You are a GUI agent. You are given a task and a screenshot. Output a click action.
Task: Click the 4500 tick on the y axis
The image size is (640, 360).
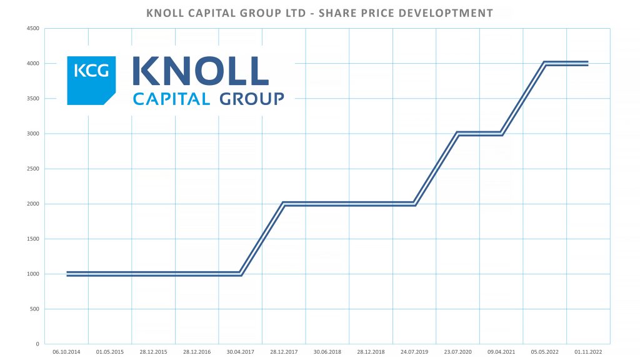(32, 28)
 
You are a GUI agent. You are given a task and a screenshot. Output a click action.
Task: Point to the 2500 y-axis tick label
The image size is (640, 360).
(32, 169)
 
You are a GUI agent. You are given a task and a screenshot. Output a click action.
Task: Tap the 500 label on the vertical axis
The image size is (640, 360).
(34, 309)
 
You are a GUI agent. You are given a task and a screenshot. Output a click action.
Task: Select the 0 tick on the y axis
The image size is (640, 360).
(37, 344)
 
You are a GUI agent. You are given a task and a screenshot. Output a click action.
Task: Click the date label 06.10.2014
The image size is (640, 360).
(66, 352)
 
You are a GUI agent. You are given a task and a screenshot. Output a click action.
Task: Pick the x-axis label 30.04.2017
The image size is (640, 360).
(240, 352)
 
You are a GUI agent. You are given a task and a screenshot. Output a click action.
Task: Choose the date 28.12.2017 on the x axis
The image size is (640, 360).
(284, 352)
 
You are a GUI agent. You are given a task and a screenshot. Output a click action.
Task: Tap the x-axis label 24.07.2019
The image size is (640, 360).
(414, 352)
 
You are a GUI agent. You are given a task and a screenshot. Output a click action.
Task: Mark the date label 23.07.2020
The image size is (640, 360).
(457, 352)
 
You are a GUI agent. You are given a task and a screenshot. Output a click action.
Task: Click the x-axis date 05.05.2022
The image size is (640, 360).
(544, 352)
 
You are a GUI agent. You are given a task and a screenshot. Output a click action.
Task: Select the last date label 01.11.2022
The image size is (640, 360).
(588, 352)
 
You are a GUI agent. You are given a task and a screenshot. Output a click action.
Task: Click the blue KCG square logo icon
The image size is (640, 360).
(91, 80)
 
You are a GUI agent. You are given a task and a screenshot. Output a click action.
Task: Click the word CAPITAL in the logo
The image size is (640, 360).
(171, 98)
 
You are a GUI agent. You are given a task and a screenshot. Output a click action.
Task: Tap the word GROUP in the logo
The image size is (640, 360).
(251, 98)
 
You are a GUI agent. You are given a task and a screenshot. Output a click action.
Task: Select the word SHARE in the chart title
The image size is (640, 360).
(339, 13)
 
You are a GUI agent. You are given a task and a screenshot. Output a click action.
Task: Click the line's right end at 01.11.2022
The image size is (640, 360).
(587, 63)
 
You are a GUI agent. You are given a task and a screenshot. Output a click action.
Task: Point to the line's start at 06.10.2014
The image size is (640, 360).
(67, 274)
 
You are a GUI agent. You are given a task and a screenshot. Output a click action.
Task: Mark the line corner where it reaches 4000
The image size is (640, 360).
(544, 63)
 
